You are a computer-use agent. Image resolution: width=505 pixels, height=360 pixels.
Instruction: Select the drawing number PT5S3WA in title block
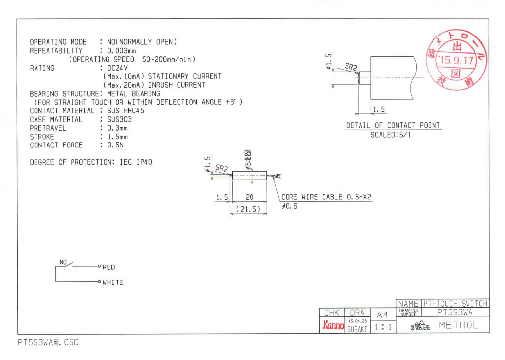click(455, 312)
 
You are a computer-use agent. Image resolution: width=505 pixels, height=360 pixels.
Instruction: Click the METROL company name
click(459, 325)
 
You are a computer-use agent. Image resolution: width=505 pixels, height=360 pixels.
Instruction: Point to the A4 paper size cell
click(382, 314)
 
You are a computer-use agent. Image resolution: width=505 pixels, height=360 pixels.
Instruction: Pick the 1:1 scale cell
click(382, 326)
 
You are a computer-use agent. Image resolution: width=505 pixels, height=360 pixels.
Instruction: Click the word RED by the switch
click(108, 267)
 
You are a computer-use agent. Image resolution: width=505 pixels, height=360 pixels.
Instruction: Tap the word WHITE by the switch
click(113, 283)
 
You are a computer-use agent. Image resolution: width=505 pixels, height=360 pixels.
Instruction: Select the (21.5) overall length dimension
click(248, 209)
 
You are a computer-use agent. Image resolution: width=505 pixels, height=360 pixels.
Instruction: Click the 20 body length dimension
click(249, 197)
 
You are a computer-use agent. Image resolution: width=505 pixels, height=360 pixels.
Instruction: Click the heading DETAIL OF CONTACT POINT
click(393, 126)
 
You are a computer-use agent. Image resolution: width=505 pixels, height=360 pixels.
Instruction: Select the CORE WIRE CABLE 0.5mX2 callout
click(326, 197)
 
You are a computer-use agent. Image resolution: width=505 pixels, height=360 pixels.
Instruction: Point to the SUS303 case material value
click(119, 119)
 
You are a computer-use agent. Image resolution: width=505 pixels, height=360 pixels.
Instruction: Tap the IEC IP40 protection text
click(136, 162)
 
